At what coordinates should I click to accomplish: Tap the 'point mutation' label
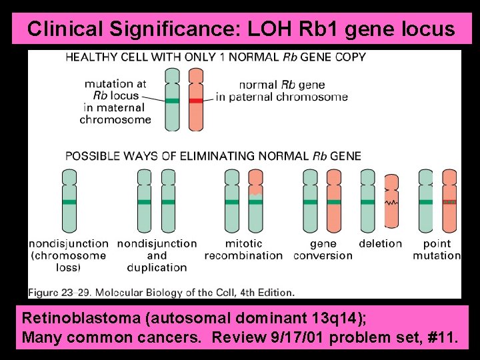pos(437,249)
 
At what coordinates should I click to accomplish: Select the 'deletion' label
pos(380,243)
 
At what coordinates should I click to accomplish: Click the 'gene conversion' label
pos(323,249)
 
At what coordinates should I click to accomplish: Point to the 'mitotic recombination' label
pos(243,249)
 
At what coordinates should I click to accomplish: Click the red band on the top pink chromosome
pos(196,101)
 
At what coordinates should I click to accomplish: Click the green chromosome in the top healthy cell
pos(173,100)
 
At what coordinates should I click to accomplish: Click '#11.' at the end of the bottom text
pos(441,338)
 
